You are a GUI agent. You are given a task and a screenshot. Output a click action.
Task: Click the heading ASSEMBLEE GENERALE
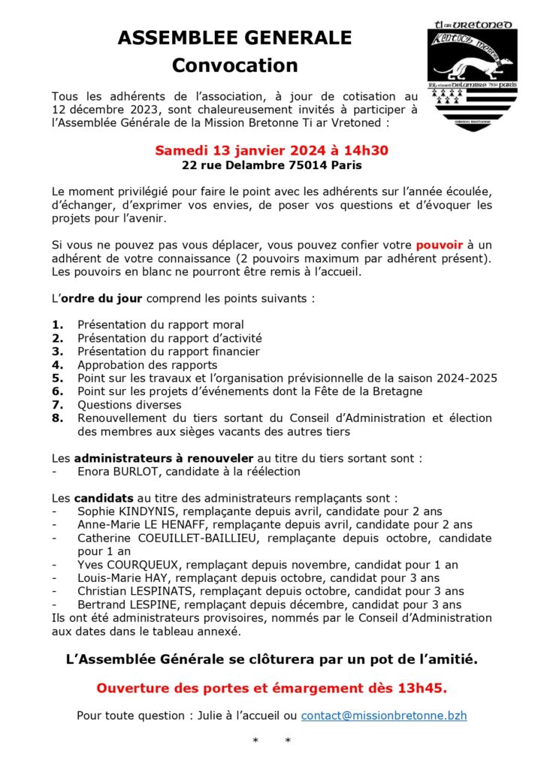tap(234, 38)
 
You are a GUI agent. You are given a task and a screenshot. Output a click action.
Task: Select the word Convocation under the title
tap(234, 65)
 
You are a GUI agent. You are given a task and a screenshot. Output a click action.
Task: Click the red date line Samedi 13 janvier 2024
tap(271, 150)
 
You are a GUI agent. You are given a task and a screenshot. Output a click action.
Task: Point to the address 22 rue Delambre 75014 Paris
tap(271, 165)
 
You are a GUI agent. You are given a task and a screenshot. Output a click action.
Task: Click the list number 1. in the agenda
tap(58, 324)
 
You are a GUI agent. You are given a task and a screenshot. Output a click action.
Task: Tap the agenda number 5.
tap(58, 378)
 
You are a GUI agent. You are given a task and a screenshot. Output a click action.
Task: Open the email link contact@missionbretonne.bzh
tap(384, 716)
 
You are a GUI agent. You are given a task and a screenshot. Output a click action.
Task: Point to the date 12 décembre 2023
tap(101, 109)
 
